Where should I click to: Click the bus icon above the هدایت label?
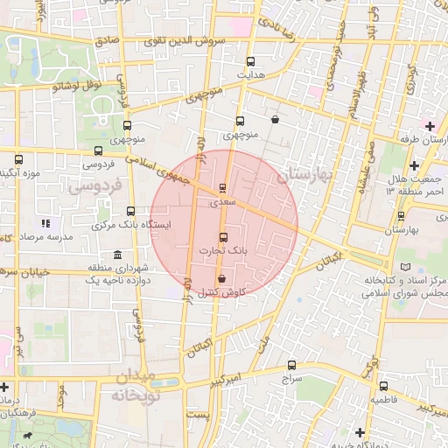point(251,62)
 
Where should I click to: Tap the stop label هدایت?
point(252,76)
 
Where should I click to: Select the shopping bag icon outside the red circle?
point(276,120)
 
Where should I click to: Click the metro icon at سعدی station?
point(223,187)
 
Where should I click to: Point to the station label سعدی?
point(222,201)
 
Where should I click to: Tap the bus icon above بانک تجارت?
point(222,237)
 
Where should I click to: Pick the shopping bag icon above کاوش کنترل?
point(221,279)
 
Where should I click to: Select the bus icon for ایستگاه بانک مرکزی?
point(131,211)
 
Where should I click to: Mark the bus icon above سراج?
point(291,366)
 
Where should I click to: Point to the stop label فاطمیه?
point(383,399)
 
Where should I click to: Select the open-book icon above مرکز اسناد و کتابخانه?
point(403,267)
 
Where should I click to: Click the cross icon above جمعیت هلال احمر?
point(415,165)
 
